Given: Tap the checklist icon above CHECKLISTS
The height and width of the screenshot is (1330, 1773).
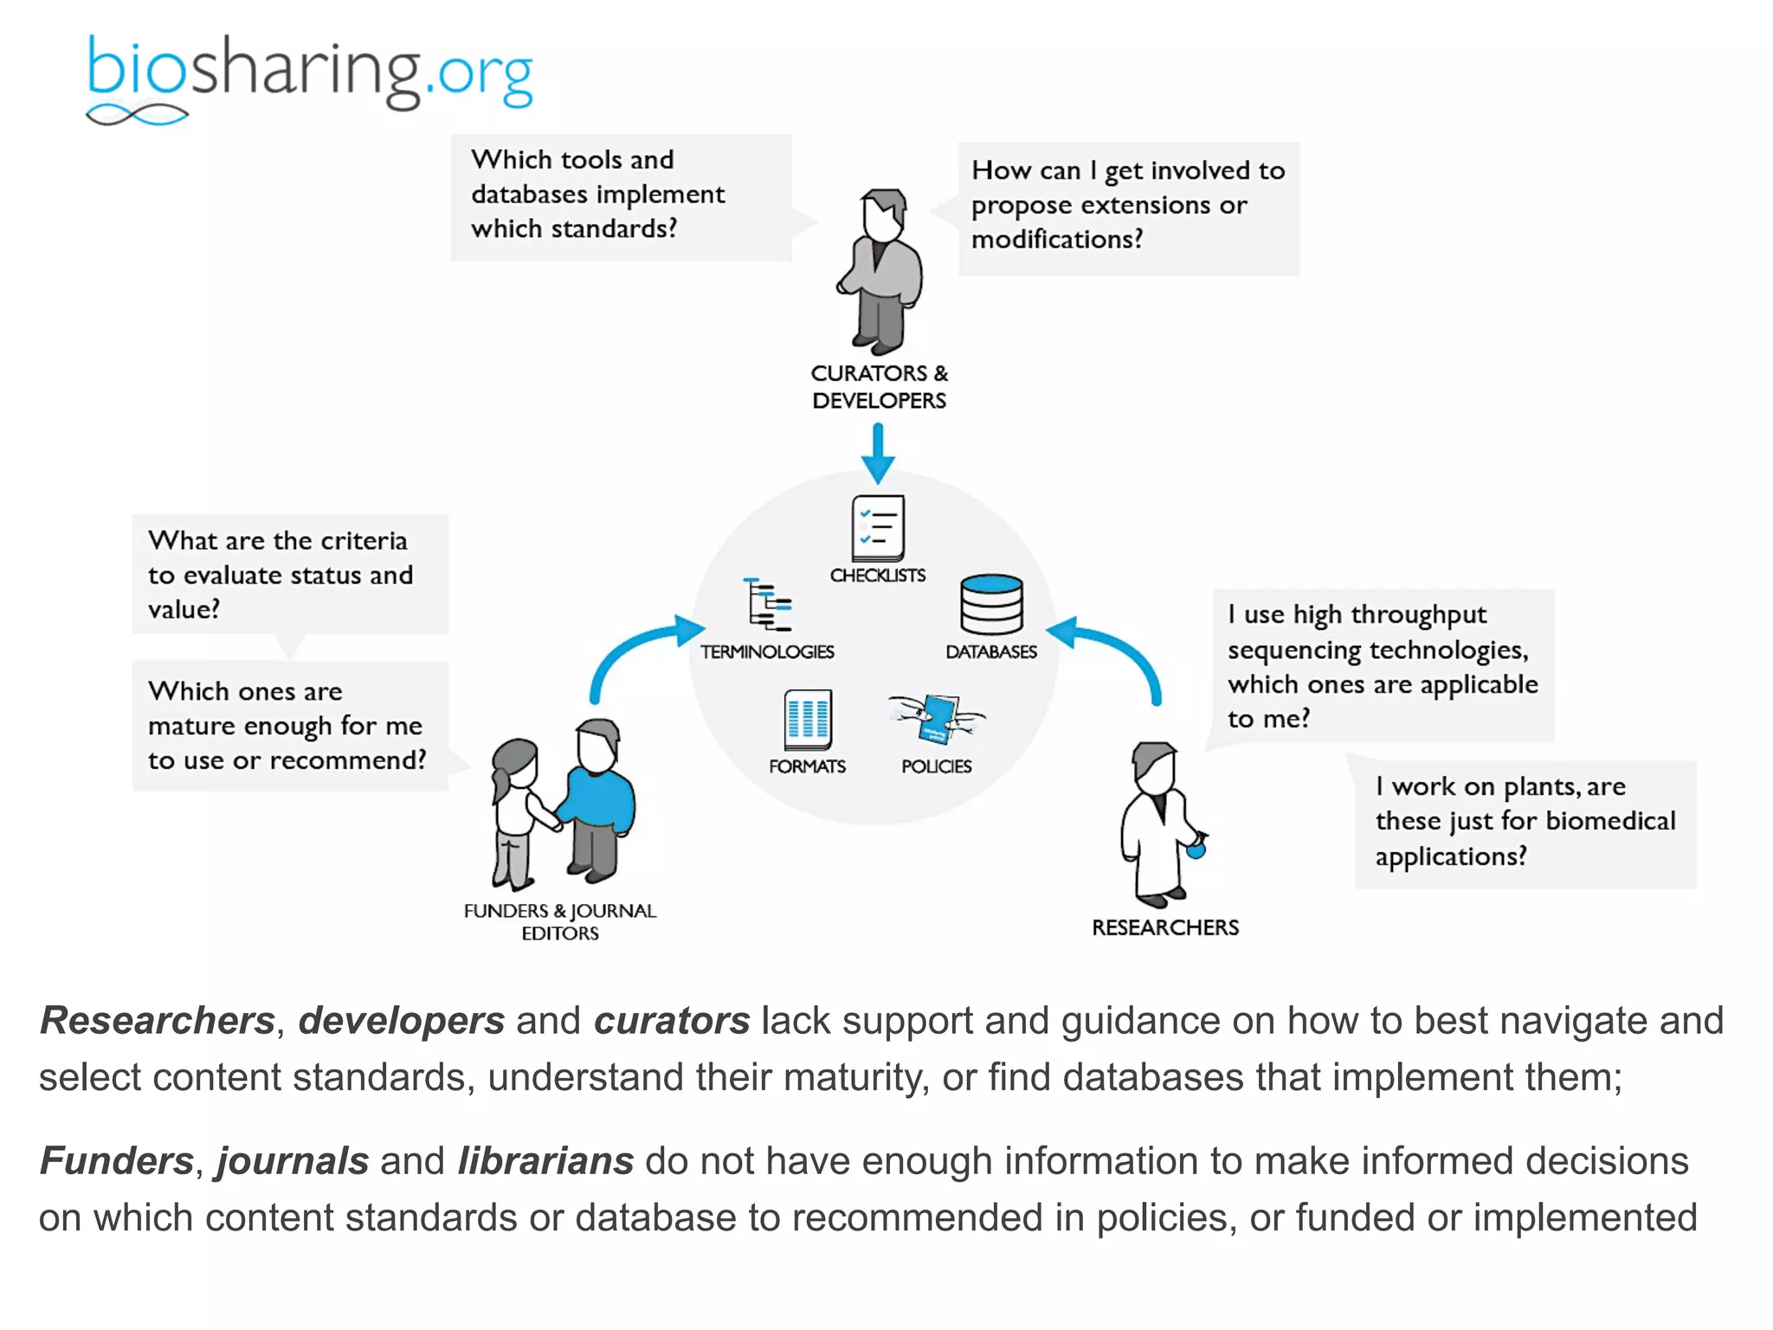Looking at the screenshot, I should tap(878, 527).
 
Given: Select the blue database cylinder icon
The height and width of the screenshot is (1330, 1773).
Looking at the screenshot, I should tap(991, 604).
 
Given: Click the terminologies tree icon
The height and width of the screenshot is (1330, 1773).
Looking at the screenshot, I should tap(768, 604).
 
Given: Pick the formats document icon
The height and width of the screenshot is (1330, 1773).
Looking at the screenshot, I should tap(808, 720).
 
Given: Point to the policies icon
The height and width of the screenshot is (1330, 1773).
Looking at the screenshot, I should tap(938, 718).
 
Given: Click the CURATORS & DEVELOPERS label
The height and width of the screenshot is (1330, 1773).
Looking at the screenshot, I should tap(879, 387).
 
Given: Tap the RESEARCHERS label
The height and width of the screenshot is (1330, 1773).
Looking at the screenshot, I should tap(1165, 927).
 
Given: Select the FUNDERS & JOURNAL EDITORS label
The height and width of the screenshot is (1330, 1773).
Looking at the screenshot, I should tap(560, 921).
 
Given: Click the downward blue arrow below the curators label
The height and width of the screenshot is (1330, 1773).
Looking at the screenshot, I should tap(878, 453).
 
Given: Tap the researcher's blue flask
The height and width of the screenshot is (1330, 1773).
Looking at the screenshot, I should tap(1196, 849).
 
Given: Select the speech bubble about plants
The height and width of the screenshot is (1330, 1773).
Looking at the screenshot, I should tap(1525, 822).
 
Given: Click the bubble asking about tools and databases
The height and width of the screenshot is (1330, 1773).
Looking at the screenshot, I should tap(620, 196).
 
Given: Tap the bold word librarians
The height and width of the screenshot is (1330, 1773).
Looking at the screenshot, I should tap(545, 1161).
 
